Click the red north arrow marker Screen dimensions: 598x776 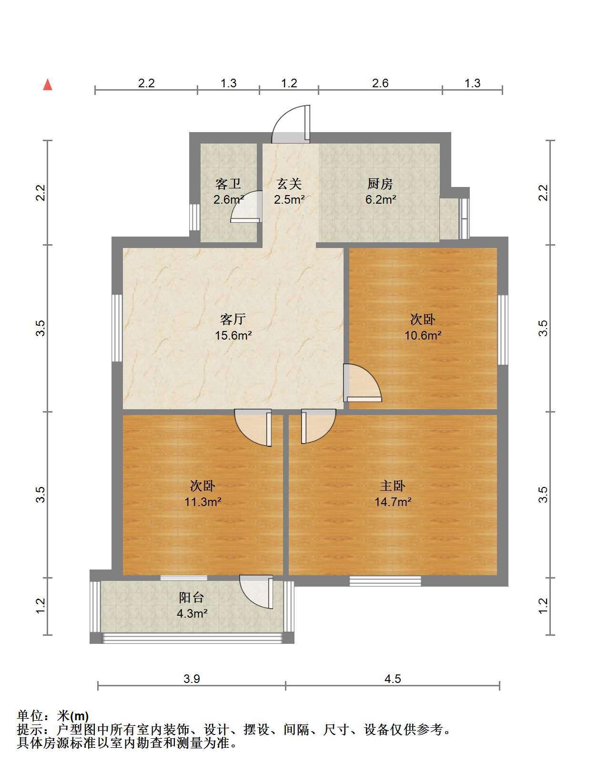(48, 85)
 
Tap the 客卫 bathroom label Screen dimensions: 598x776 (228, 184)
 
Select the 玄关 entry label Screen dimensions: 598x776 (289, 184)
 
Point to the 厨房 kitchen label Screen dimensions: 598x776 (380, 184)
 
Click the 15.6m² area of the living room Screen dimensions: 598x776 (233, 335)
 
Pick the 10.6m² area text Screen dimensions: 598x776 (423, 335)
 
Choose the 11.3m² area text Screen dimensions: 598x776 (203, 502)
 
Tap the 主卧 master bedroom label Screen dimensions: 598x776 (393, 486)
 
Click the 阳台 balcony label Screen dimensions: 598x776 (192, 597)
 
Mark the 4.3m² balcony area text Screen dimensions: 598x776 (192, 613)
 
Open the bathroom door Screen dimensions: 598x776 (246, 207)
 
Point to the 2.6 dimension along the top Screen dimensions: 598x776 (380, 83)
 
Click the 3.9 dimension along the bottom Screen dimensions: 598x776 (192, 679)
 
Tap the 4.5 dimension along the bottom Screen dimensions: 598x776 (393, 679)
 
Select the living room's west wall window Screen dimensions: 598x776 (117, 328)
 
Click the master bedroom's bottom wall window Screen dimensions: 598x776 (385, 581)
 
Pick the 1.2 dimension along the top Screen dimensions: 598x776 (289, 83)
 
